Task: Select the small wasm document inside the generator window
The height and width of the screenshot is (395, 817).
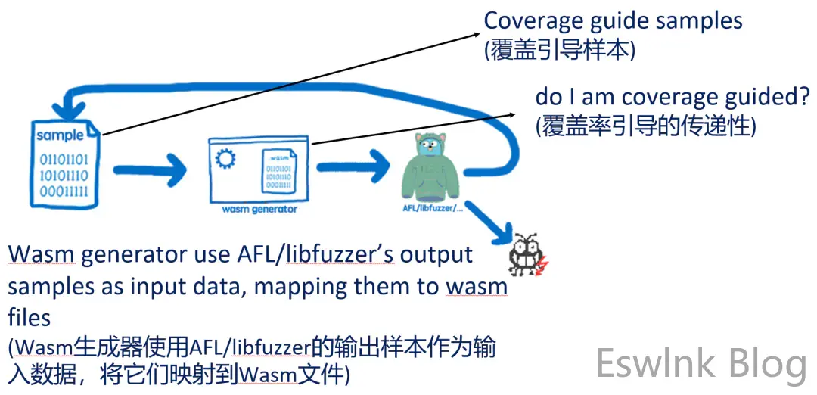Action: click(x=278, y=171)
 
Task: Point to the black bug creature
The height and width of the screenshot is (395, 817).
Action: click(x=524, y=253)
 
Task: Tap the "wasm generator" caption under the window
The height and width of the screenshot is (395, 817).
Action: click(x=259, y=209)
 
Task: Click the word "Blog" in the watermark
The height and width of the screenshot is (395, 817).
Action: click(x=766, y=364)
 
